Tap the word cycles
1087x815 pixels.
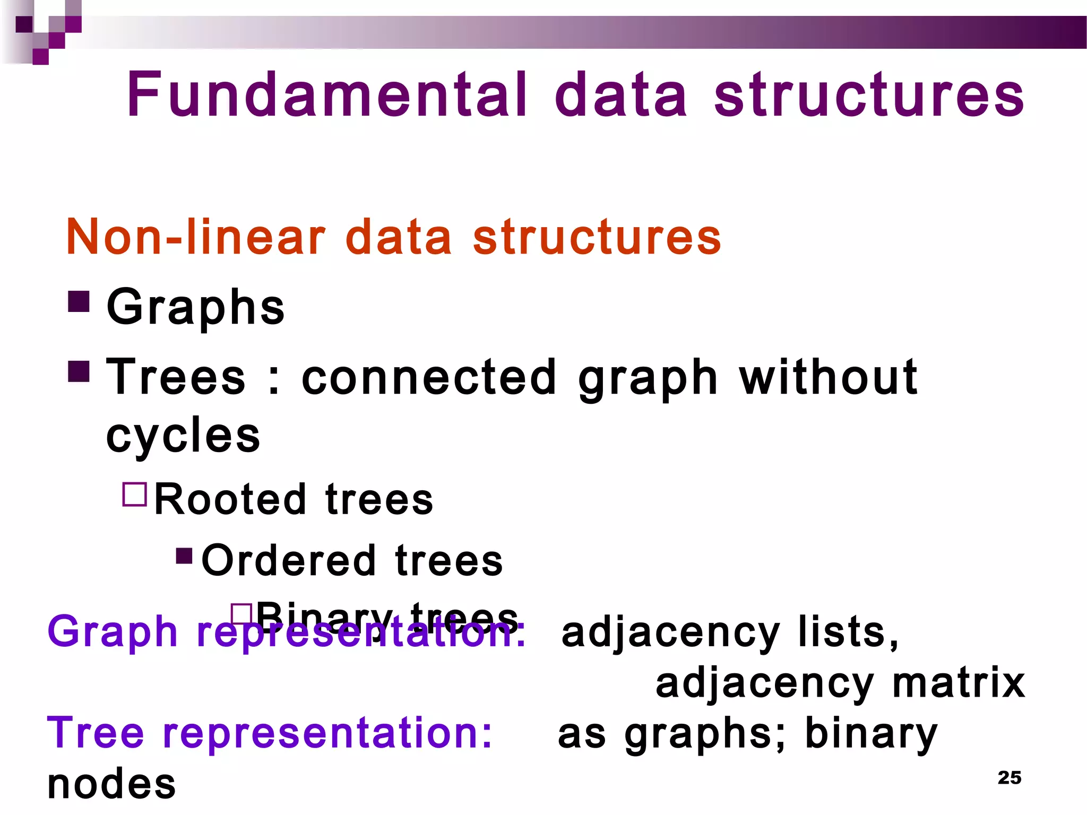point(183,435)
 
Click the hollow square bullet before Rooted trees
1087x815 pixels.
point(135,494)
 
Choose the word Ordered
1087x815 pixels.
point(289,560)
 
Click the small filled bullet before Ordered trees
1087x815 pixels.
point(184,556)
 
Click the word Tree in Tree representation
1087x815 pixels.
point(96,733)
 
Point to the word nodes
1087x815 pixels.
point(111,784)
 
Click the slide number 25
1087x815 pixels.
point(1009,777)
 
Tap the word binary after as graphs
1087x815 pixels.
point(871,733)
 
